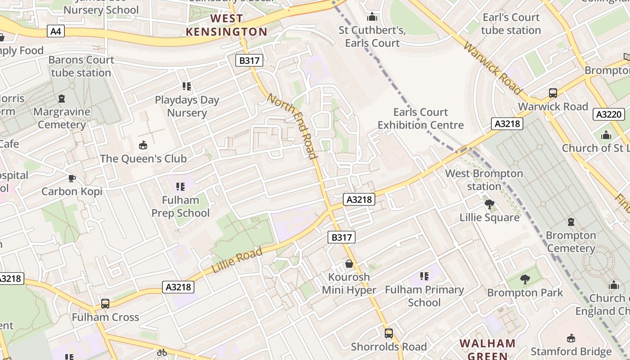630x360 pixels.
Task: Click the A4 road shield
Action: (56, 31)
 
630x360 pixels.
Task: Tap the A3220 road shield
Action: (608, 114)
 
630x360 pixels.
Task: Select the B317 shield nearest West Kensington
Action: (249, 60)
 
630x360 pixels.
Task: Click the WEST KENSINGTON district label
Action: (227, 25)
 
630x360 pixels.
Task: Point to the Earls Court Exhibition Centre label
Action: (420, 118)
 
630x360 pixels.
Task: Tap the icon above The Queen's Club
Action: (143, 145)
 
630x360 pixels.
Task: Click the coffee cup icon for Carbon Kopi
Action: (72, 178)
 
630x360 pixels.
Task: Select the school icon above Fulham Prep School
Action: (180, 186)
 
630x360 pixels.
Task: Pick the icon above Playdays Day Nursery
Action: (187, 86)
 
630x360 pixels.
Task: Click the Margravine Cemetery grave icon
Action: (62, 98)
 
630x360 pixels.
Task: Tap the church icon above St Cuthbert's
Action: (372, 17)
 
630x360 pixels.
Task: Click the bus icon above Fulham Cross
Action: (105, 304)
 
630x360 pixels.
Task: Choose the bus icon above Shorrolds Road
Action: (388, 333)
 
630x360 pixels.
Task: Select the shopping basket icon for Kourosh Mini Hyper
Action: (349, 264)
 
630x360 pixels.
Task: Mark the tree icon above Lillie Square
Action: (489, 205)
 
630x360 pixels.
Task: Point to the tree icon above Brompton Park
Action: (525, 279)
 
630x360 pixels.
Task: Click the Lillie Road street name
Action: (237, 261)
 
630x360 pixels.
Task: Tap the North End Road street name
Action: (292, 126)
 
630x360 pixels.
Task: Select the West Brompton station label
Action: (484, 180)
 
